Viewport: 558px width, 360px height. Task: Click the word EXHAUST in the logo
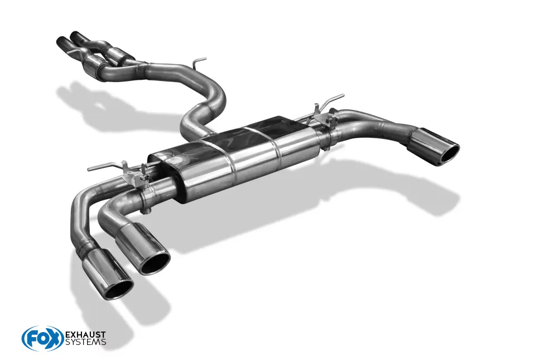pyautogui.click(x=85, y=334)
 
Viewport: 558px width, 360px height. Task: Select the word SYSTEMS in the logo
pyautogui.click(x=85, y=342)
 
